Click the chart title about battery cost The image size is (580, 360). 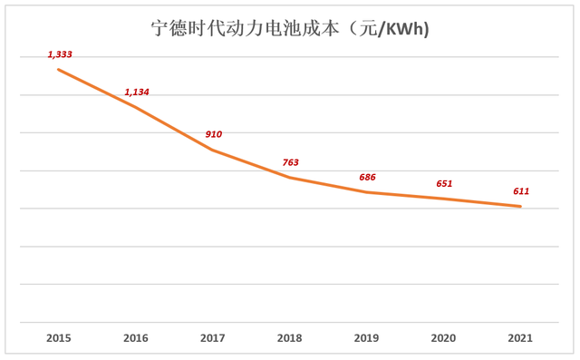click(x=290, y=28)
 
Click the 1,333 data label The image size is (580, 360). click(x=60, y=54)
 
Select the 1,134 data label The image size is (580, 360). click(x=137, y=92)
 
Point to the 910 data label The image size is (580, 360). click(x=214, y=134)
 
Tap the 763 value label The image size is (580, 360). click(x=290, y=162)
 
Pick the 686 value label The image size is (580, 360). click(x=367, y=177)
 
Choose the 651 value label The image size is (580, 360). click(x=444, y=183)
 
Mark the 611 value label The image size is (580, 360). click(x=521, y=191)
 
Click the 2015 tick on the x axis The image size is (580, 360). click(x=58, y=338)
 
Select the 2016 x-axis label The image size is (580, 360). click(x=135, y=338)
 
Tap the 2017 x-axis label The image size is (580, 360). click(x=212, y=338)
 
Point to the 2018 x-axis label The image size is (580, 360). click(x=289, y=338)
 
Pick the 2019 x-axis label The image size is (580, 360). click(x=366, y=338)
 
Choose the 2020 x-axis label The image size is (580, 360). click(x=443, y=338)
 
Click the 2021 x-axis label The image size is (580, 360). click(x=520, y=338)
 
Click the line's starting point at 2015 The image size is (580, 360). click(x=58, y=69)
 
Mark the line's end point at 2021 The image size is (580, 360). click(x=520, y=207)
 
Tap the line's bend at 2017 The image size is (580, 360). click(x=212, y=150)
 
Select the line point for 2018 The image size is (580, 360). click(x=289, y=178)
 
